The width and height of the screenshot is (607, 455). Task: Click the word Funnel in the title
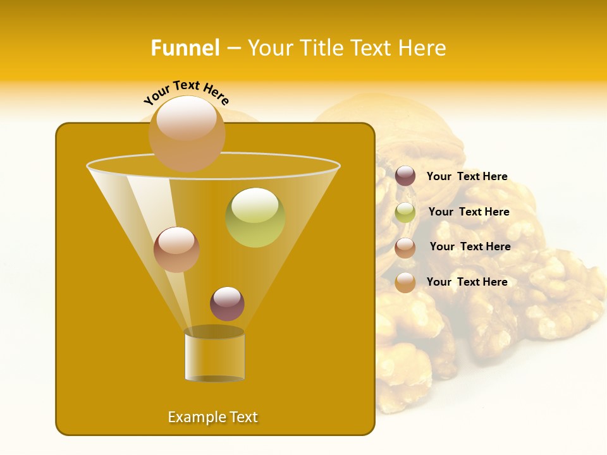pos(185,48)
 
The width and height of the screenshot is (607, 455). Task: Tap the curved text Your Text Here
pos(187,92)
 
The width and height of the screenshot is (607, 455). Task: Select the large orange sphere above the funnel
pos(187,133)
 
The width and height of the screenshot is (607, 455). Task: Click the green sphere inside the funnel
pos(255,217)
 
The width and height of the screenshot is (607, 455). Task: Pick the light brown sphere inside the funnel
pos(177,250)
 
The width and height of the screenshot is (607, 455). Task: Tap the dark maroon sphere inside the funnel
pos(227,304)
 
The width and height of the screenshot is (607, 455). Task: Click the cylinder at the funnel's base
pos(214,357)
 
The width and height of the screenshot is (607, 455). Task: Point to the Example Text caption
pos(213,417)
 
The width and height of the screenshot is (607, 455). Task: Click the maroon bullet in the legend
pos(405,176)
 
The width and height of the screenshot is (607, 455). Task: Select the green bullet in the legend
pos(405,212)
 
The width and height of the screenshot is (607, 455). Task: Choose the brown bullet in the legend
pos(405,248)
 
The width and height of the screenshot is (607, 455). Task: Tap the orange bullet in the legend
pos(405,282)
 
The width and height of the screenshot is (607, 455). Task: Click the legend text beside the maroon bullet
pos(467,177)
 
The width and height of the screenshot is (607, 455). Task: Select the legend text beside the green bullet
pos(469,212)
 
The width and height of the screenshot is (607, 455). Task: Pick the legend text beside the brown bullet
pos(470,246)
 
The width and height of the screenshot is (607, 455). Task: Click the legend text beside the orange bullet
pos(467,282)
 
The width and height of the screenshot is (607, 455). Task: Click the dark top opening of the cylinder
pos(214,332)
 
